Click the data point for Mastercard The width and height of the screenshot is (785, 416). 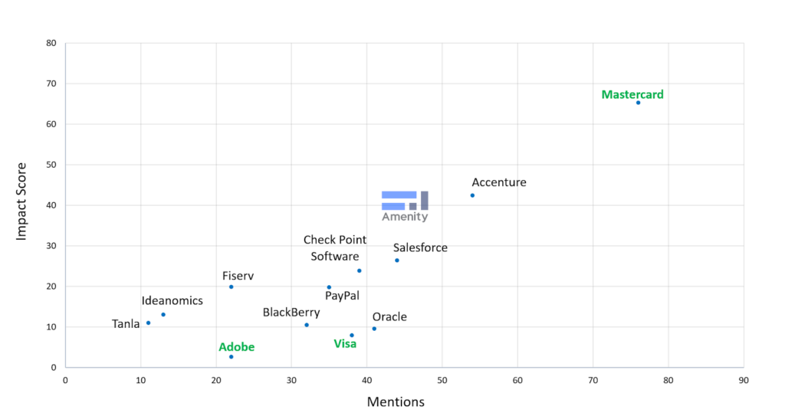point(638,103)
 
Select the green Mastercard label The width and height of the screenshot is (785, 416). point(632,95)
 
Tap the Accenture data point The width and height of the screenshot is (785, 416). point(472,195)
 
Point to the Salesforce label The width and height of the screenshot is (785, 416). point(420,248)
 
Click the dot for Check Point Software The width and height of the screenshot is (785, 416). point(359,270)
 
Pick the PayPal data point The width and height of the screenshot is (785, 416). point(329,287)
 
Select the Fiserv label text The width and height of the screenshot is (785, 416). point(238,276)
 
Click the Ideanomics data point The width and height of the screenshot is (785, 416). point(163,315)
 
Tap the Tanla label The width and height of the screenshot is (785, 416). point(126,324)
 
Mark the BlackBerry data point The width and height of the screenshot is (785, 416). point(307,325)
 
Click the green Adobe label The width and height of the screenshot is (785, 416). point(236,347)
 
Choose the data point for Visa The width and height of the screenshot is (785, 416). point(352,335)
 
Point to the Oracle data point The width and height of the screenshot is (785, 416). point(374,329)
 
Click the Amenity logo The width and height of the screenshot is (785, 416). point(405,205)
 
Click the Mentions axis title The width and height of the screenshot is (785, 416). point(396,401)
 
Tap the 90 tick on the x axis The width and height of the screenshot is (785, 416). point(744,379)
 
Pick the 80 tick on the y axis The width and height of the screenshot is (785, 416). point(51,43)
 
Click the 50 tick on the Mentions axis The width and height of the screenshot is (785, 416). point(442,379)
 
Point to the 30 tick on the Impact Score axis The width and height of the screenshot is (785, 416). point(51,246)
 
